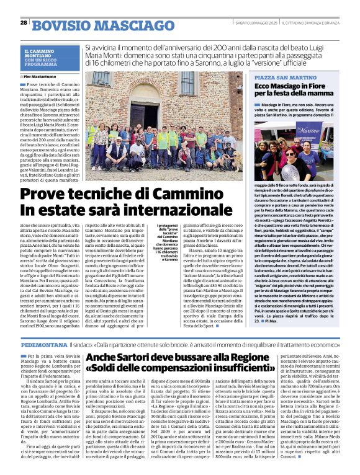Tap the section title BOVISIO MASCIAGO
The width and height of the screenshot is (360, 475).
pos(89,25)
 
